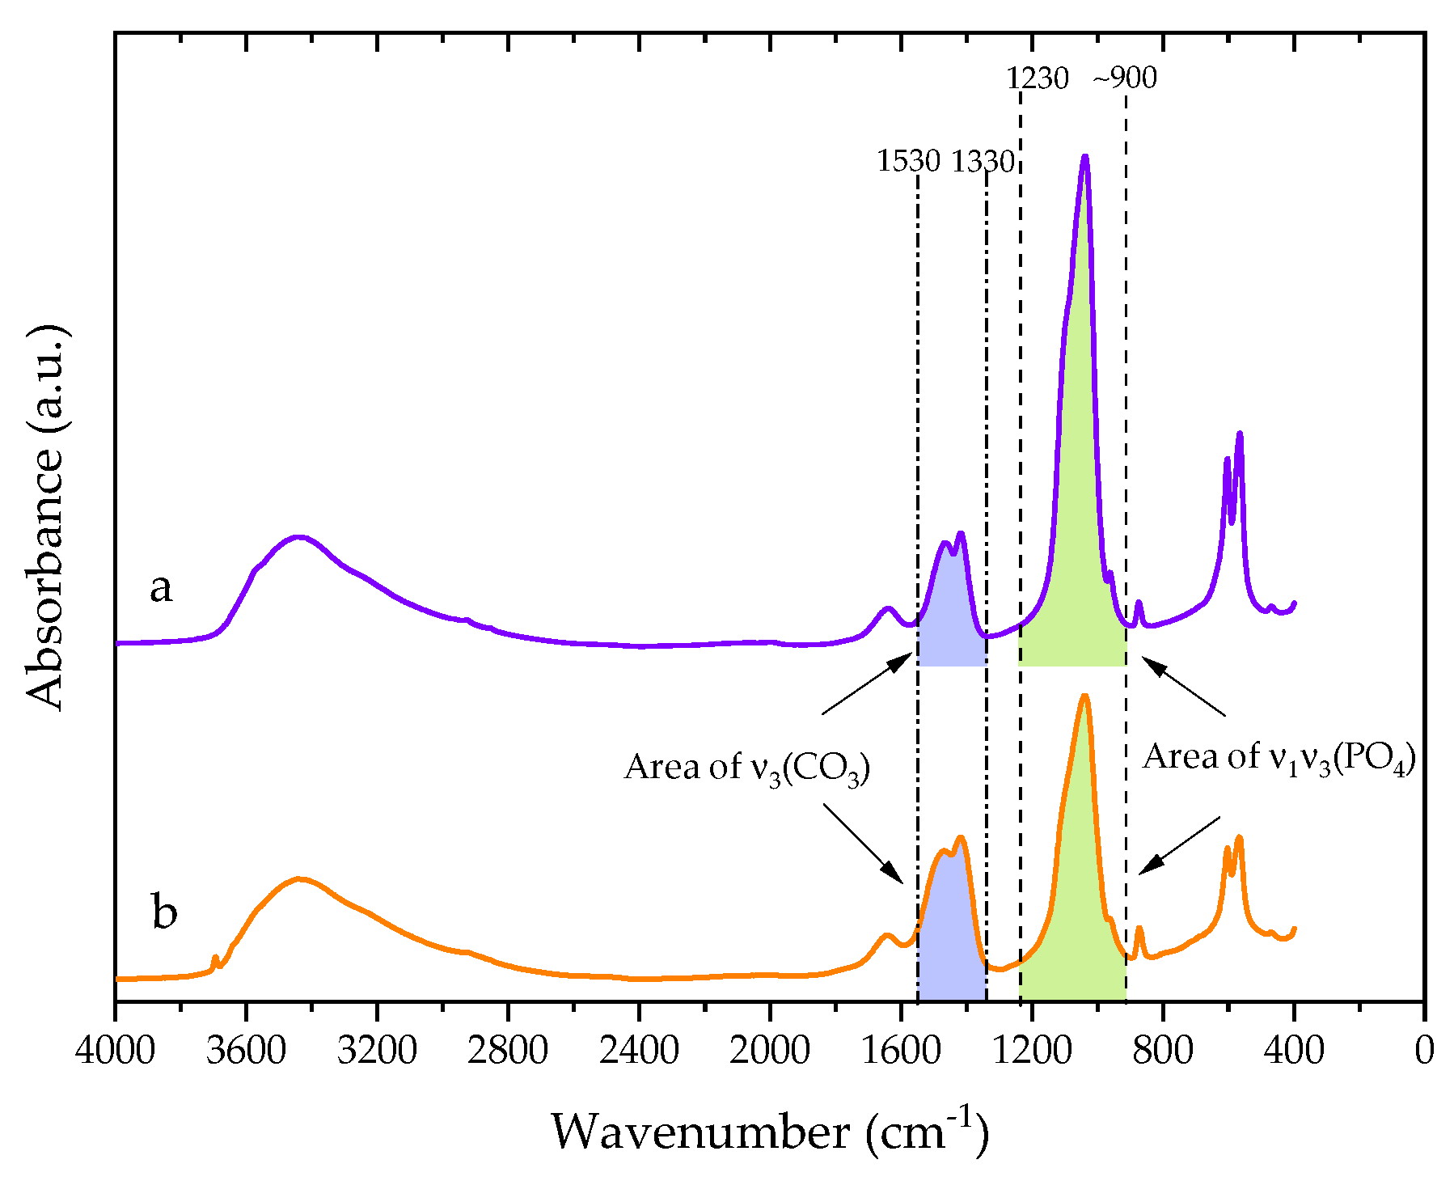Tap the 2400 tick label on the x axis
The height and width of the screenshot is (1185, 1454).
click(639, 1052)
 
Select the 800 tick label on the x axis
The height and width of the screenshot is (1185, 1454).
click(1162, 1052)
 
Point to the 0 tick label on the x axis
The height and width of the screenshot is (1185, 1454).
click(1424, 1052)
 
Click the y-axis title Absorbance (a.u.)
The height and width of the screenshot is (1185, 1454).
click(44, 518)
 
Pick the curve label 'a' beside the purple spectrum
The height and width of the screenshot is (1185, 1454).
click(161, 587)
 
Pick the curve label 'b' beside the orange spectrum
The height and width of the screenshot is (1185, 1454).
click(164, 912)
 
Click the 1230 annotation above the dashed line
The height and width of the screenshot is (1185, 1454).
click(1037, 78)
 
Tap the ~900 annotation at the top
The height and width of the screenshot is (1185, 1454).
click(1125, 78)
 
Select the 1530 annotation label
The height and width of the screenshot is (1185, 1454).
click(908, 162)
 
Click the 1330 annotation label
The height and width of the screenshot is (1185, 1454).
click(982, 162)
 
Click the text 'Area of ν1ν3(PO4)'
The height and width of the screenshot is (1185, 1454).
click(1279, 757)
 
